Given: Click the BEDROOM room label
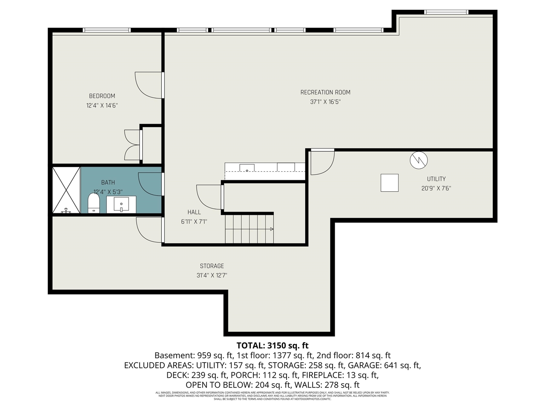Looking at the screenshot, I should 102,96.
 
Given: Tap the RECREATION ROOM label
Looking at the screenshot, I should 325,92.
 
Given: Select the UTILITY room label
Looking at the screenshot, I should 436,179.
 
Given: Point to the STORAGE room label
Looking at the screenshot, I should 212,266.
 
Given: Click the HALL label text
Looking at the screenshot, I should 194,212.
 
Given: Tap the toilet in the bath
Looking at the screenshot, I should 93,203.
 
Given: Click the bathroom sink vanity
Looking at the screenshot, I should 121,204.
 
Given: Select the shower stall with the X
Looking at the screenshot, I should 66,190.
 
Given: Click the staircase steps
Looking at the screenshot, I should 249,229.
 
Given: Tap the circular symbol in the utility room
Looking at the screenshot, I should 419,160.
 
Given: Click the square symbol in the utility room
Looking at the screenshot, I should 389,183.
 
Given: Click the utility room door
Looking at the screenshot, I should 322,162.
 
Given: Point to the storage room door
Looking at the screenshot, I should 149,229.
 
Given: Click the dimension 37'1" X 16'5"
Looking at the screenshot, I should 325,102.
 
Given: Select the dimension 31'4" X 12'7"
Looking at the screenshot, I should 212,275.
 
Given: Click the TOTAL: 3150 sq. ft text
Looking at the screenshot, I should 272,346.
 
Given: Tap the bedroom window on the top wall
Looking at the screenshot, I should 106,30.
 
